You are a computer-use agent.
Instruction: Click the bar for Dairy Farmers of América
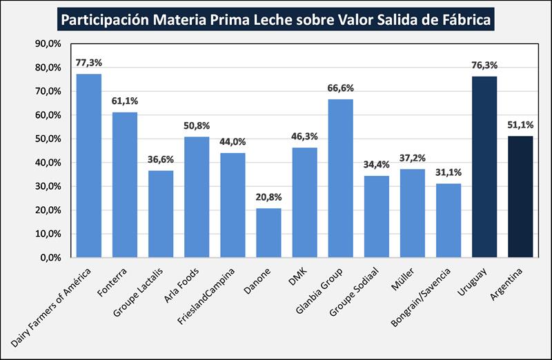click(89, 166)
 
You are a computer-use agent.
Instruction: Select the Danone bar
click(268, 232)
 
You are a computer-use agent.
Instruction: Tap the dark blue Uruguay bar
click(484, 167)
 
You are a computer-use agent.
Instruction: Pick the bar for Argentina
click(520, 197)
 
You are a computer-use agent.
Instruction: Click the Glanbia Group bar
click(340, 178)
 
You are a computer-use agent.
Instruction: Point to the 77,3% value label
click(89, 63)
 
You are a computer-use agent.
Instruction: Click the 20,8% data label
click(268, 197)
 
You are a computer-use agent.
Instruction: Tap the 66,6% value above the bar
click(340, 88)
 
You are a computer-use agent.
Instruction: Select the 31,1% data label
click(448, 173)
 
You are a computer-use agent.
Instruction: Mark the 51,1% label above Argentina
click(520, 126)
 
